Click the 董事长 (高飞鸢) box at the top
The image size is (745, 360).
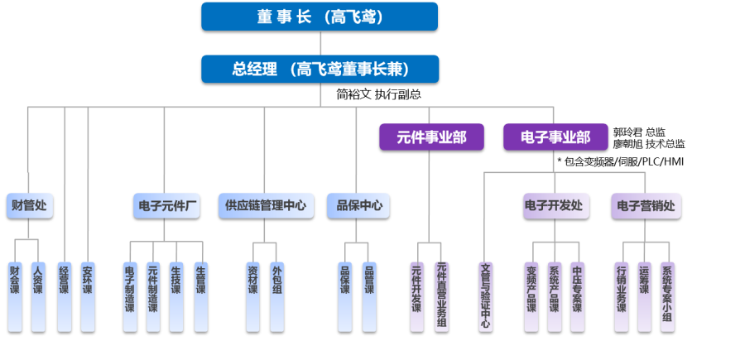coord(319,16)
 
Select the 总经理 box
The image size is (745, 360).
coord(320,69)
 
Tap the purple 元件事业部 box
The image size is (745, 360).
coord(431,137)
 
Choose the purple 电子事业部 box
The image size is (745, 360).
coord(555,137)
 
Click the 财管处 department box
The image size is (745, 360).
coord(30,205)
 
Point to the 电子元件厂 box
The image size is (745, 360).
coord(166,205)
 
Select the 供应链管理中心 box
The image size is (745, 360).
coord(266,205)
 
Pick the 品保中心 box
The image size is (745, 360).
coord(358,205)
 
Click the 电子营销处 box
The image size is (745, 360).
coord(646,205)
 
